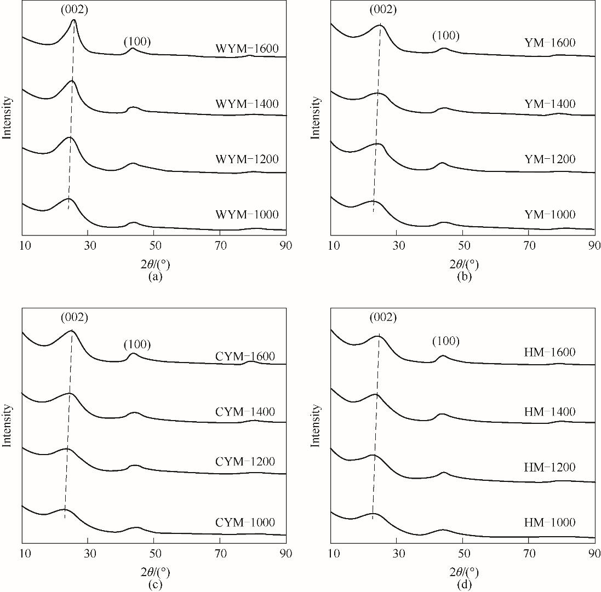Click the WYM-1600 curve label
coord(247,49)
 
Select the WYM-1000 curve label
coord(247,215)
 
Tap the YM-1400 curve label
coord(550,104)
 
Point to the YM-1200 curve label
coord(550,159)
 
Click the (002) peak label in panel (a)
coord(75,9)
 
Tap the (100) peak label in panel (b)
coord(446,37)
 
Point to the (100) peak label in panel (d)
coord(446,342)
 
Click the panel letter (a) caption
coord(155,277)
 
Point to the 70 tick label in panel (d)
coord(529,553)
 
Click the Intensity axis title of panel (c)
coord(8,426)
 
